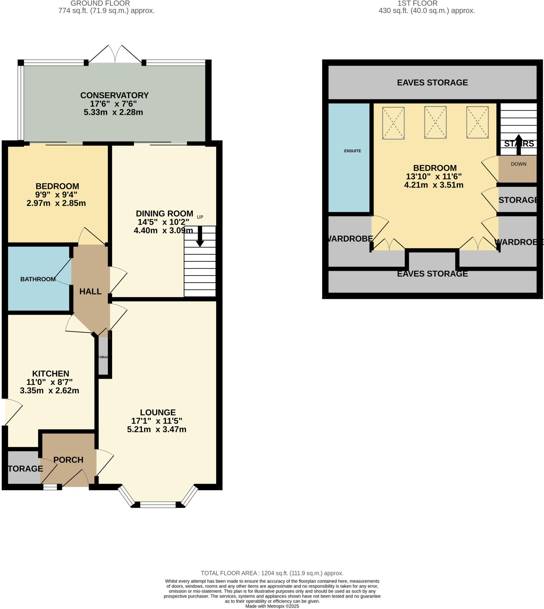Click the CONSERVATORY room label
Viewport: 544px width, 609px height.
(x=114, y=95)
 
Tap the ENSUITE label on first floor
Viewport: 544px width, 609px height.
(x=352, y=151)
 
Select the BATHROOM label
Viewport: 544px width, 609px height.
(x=38, y=279)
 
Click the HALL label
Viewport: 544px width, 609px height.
(x=90, y=291)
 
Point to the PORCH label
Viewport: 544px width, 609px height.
(x=68, y=460)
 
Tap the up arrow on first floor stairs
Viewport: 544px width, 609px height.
(x=518, y=145)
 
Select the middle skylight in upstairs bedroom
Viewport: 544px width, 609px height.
(x=435, y=122)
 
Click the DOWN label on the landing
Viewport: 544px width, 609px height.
(x=518, y=164)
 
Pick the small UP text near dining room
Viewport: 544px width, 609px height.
(x=200, y=217)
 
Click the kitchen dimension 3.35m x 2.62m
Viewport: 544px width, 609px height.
(x=49, y=390)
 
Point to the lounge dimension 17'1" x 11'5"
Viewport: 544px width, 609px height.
(x=157, y=421)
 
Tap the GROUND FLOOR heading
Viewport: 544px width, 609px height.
(x=100, y=4)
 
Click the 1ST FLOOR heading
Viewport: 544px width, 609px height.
(x=417, y=4)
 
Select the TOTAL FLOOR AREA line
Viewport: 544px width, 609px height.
(x=272, y=573)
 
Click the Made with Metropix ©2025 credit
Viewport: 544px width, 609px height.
(x=272, y=606)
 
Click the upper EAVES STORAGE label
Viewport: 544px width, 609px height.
(x=432, y=83)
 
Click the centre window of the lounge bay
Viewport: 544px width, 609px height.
(x=158, y=505)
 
